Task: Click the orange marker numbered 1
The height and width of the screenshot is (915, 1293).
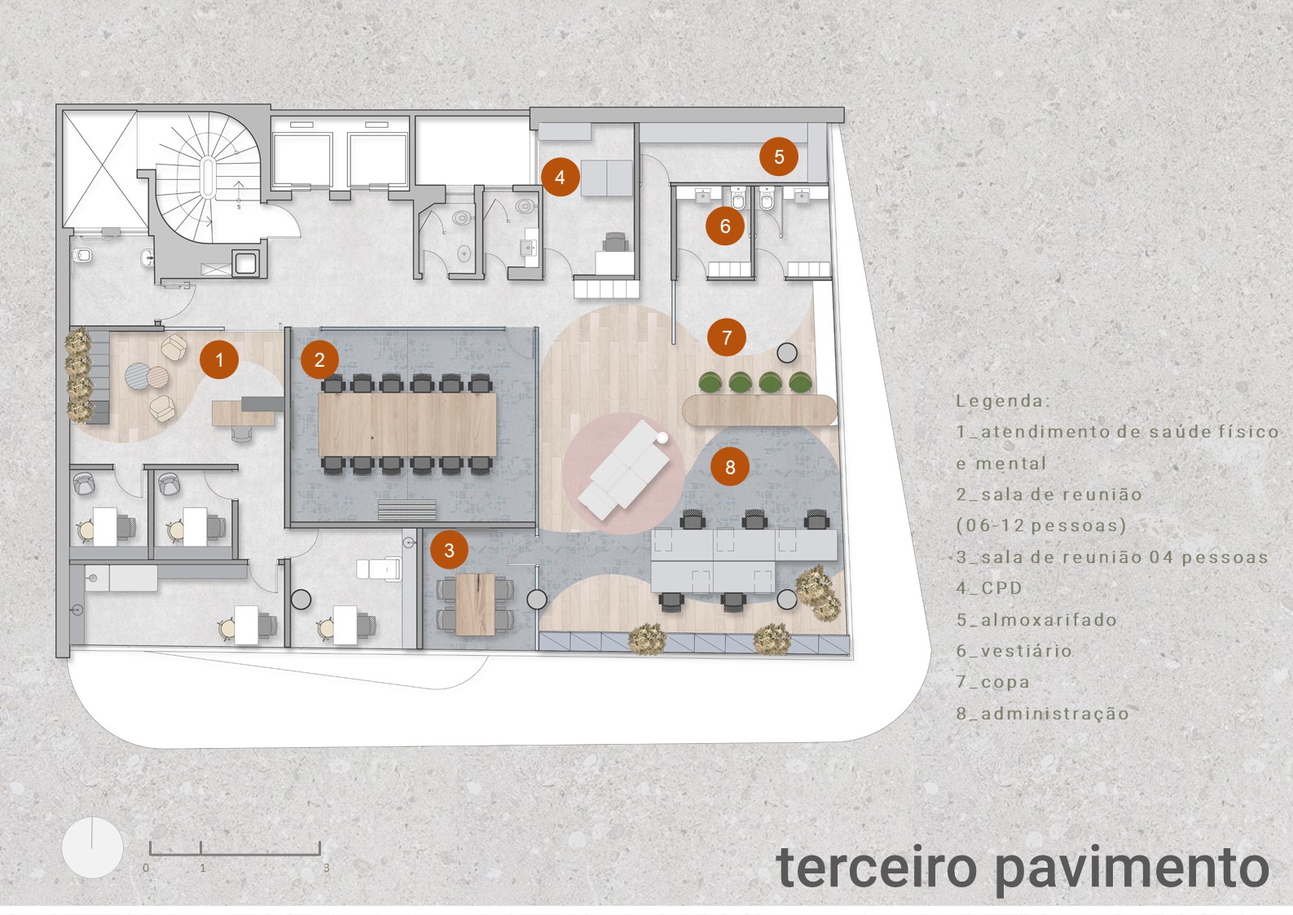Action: tap(219, 359)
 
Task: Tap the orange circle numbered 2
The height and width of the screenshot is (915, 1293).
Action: tap(319, 359)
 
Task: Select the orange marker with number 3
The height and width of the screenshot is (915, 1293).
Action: tap(449, 550)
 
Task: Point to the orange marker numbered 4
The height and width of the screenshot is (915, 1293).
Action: tap(560, 177)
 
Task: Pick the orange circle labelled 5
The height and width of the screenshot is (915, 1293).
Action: tap(779, 156)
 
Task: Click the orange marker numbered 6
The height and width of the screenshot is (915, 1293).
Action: tap(725, 226)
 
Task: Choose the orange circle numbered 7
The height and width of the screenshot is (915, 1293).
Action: tap(727, 337)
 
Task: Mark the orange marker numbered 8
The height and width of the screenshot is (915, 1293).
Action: tap(730, 467)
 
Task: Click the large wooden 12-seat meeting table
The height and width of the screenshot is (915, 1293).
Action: tap(407, 425)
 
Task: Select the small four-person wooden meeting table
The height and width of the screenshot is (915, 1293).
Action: tap(476, 604)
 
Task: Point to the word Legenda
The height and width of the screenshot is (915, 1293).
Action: tap(1003, 401)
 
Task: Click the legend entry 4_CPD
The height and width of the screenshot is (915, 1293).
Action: tap(989, 588)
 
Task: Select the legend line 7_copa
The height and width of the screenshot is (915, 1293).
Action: tap(993, 682)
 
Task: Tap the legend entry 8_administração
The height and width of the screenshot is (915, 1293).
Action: tap(1043, 714)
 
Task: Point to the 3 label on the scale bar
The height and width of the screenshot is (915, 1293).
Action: tap(326, 869)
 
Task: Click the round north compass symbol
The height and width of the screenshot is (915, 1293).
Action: tap(92, 847)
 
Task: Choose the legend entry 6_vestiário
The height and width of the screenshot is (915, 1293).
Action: tap(1014, 651)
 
